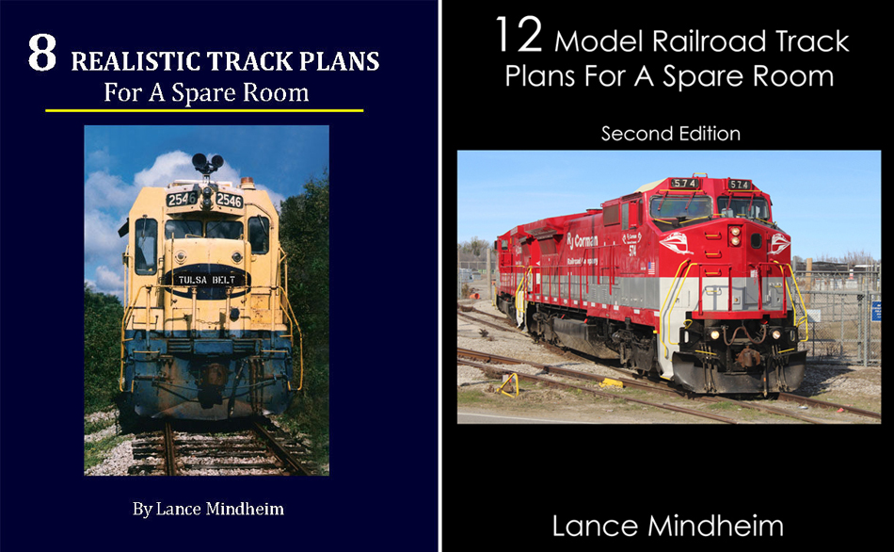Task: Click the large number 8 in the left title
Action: [x=42, y=53]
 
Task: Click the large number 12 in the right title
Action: [x=519, y=36]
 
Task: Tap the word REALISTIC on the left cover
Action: [x=136, y=61]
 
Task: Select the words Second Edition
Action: [x=670, y=134]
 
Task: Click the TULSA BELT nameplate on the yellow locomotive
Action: [x=206, y=280]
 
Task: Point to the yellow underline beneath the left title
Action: [x=204, y=110]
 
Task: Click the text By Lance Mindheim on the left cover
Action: [x=208, y=509]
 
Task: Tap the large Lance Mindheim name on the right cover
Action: [x=667, y=526]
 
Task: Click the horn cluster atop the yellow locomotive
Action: [x=207, y=163]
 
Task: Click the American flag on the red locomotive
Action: [x=651, y=268]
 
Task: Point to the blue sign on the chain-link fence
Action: [x=876, y=312]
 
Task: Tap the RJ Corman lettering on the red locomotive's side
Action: [x=583, y=241]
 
